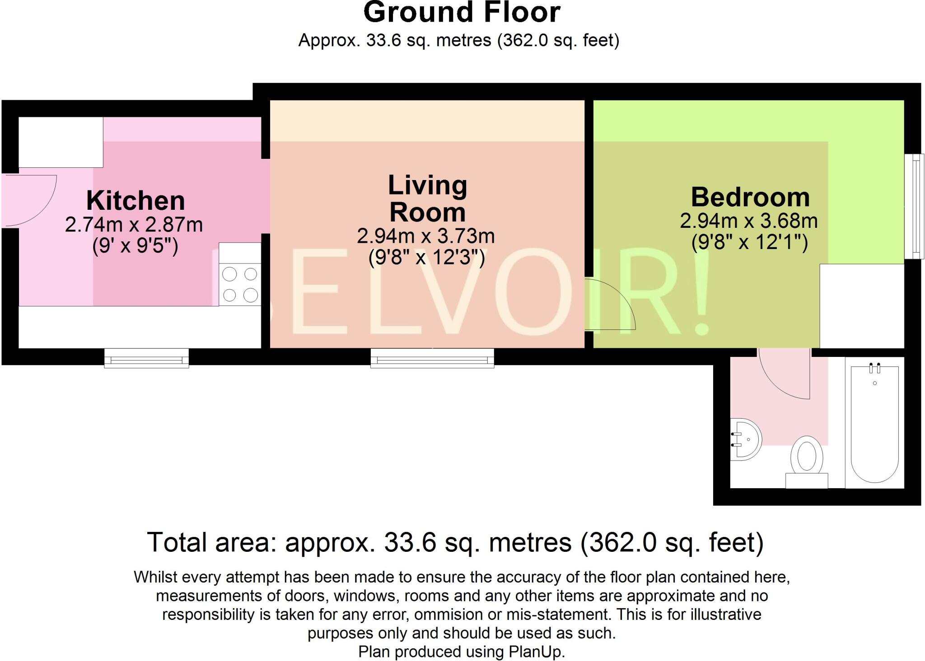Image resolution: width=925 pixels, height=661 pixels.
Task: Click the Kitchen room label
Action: (135, 201)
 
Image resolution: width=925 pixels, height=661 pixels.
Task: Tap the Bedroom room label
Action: (750, 197)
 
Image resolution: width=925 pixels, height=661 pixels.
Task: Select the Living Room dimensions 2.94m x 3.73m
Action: (425, 236)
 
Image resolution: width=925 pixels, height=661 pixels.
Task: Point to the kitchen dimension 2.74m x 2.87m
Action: (134, 225)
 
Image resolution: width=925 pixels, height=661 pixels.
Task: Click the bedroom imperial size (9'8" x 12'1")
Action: (749, 242)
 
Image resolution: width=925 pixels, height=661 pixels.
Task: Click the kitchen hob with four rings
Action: (240, 284)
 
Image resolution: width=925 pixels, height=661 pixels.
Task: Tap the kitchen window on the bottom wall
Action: (146, 359)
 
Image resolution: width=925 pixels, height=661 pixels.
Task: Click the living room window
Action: (432, 359)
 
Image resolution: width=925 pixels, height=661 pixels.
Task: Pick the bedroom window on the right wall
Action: (915, 206)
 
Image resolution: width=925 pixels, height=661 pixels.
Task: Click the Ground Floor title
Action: (462, 13)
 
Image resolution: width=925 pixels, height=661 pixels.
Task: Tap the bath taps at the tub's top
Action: (874, 368)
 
